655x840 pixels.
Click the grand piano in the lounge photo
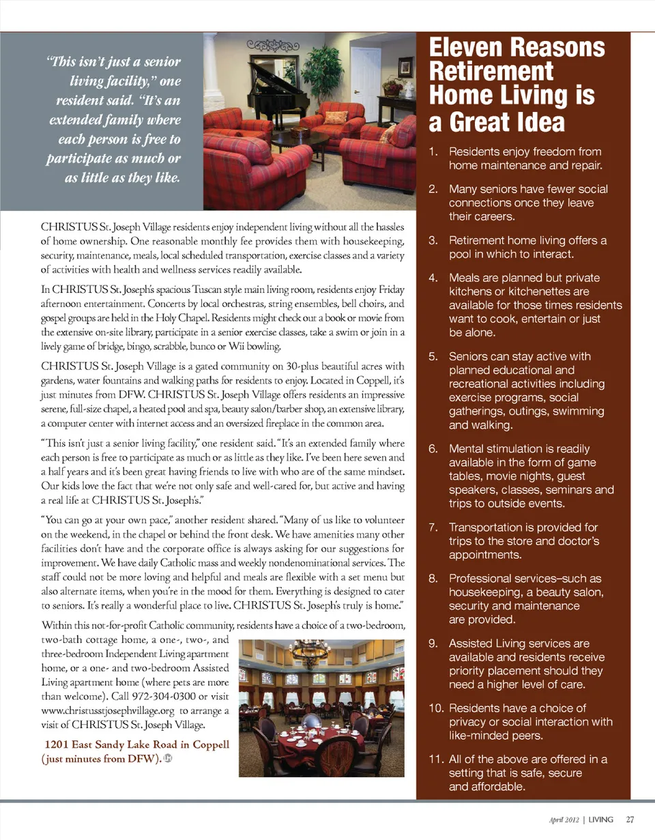273,81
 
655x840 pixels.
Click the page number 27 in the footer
630,819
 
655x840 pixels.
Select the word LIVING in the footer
601,819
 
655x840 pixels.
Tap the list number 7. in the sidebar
433,527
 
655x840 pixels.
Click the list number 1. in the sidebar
433,151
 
